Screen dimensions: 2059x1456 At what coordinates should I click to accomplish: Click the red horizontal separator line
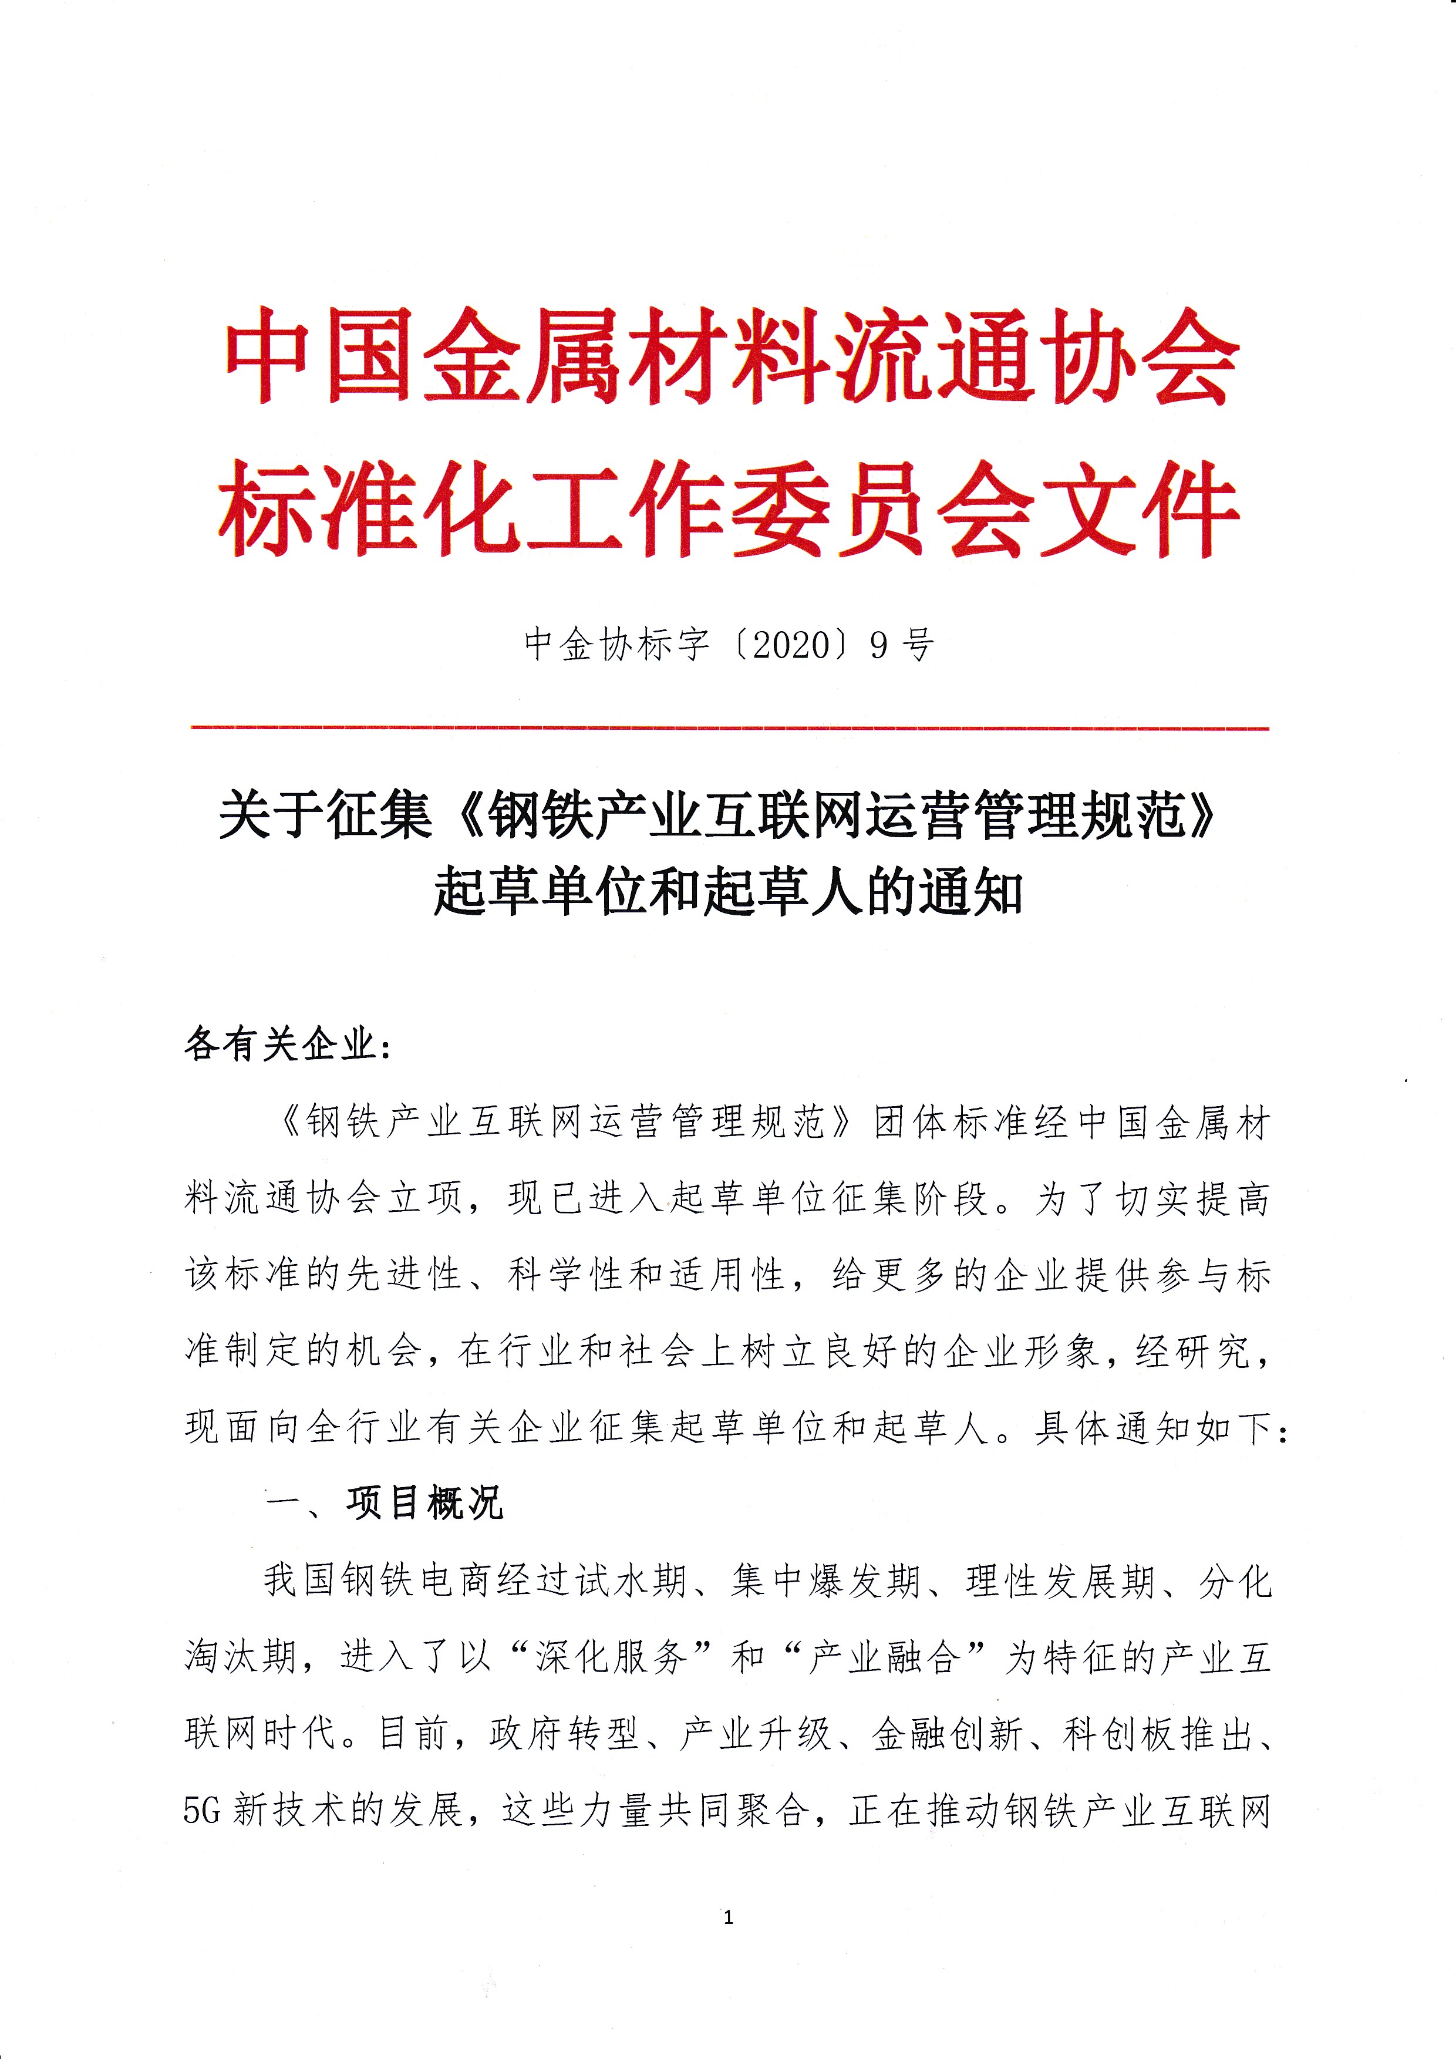(730, 728)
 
